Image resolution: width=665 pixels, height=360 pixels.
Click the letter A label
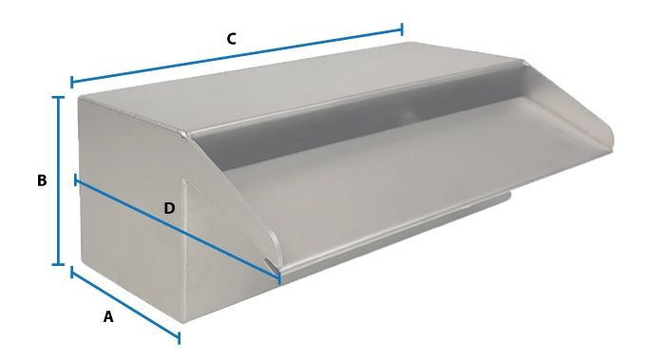click(108, 316)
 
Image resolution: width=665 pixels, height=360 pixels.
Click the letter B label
click(42, 180)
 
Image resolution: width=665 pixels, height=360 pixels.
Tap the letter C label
click(231, 39)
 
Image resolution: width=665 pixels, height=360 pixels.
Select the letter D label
click(169, 208)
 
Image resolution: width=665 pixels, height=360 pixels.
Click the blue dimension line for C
click(237, 55)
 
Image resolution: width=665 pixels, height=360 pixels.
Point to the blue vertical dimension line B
click(58, 181)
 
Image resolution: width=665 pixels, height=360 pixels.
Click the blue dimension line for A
click(125, 305)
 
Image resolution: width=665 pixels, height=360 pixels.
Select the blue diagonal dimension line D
click(178, 230)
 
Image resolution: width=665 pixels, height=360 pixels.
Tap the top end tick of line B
click(58, 98)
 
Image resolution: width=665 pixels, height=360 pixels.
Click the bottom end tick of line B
click(58, 265)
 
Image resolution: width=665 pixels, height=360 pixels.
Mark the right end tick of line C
click(402, 29)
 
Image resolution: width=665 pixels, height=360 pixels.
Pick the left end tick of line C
click(71, 82)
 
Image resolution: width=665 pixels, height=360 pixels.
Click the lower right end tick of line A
click(179, 338)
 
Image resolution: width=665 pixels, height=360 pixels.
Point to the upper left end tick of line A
click(71, 273)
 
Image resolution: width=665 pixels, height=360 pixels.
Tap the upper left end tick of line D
click(76, 180)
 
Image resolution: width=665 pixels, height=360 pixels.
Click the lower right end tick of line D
click(279, 278)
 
